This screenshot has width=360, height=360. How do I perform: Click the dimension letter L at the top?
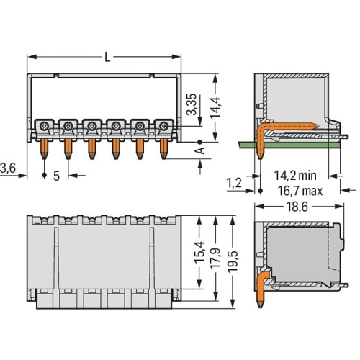coord(107,57)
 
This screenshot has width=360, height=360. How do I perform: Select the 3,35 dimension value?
coord(192,104)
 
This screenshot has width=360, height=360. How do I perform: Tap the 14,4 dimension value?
coord(215,107)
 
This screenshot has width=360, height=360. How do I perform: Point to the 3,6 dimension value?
coord(8,168)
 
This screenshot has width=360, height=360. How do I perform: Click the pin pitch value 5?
coord(56,176)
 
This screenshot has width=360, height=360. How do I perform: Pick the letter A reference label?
coord(199,150)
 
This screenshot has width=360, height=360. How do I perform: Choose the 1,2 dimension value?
coord(234,183)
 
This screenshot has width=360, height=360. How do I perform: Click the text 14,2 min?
coord(295,176)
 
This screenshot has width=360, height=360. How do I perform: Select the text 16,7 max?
coord(300,191)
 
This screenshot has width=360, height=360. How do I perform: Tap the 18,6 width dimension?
coord(297,207)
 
